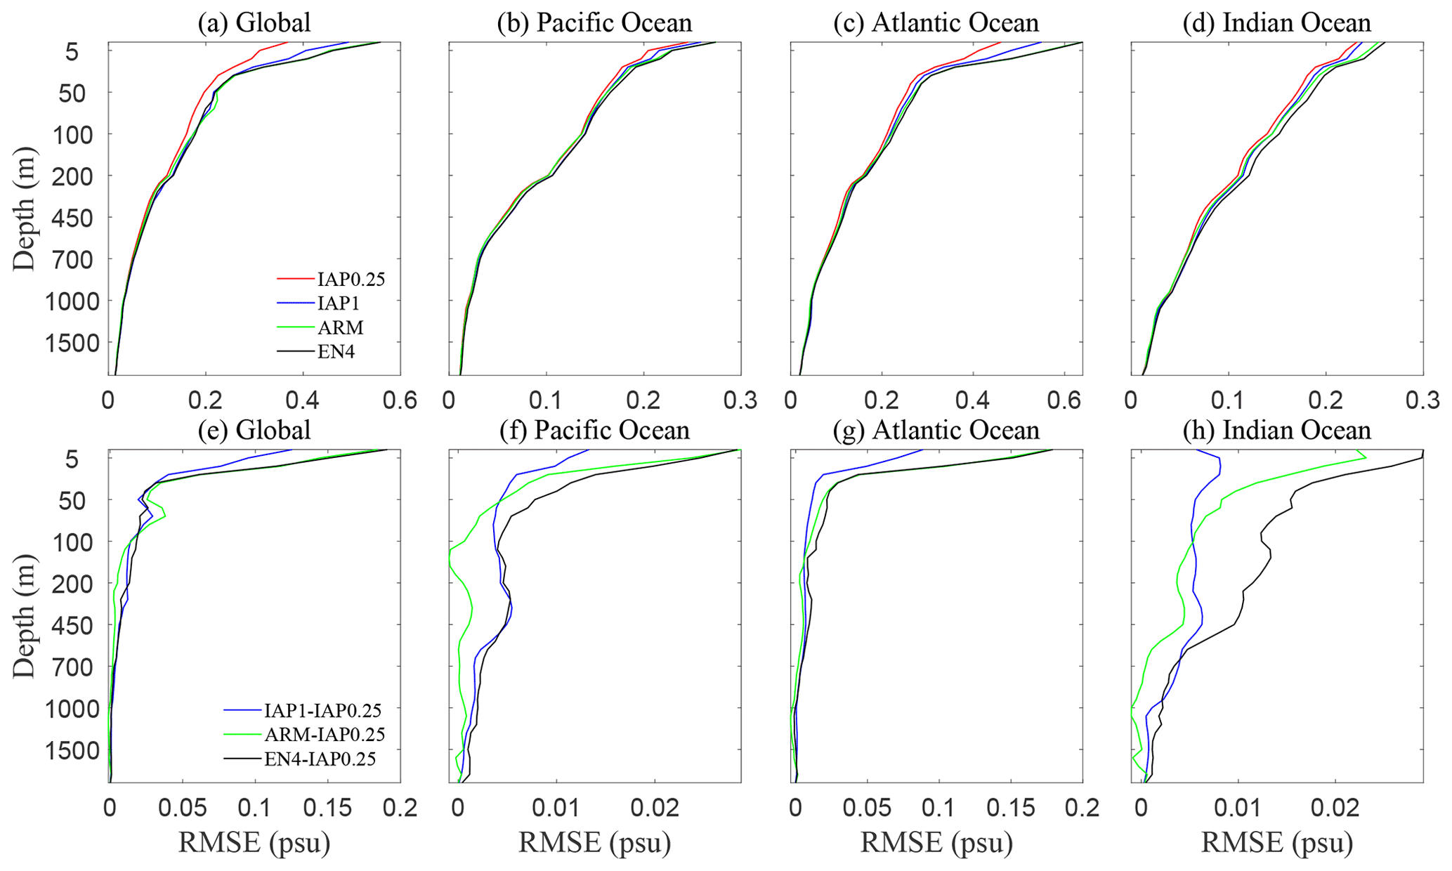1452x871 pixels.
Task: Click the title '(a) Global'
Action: click(x=254, y=22)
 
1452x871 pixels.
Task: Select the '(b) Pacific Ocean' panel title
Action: click(x=594, y=22)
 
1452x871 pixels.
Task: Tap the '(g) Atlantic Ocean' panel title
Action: click(x=936, y=430)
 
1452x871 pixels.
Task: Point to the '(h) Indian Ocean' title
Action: click(x=1277, y=430)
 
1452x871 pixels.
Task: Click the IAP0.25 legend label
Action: click(x=351, y=279)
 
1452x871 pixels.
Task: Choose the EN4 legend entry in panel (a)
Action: click(x=336, y=352)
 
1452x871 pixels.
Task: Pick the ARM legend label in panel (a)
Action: click(x=341, y=327)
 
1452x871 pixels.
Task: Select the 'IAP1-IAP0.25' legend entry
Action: click(x=322, y=710)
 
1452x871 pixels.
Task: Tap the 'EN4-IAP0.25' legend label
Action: click(x=320, y=759)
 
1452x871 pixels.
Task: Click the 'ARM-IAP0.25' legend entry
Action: click(x=325, y=735)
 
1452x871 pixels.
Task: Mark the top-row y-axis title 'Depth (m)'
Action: click(x=25, y=209)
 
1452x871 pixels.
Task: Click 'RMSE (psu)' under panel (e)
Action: click(x=254, y=841)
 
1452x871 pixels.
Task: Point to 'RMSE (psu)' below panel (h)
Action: click(x=1277, y=841)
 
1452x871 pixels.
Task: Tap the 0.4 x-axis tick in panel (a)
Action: click(x=303, y=400)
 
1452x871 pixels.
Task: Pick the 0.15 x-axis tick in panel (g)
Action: click(x=1011, y=808)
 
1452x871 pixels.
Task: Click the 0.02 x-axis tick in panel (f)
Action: click(x=655, y=808)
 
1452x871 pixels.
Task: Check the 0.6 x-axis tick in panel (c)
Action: click(x=1064, y=400)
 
